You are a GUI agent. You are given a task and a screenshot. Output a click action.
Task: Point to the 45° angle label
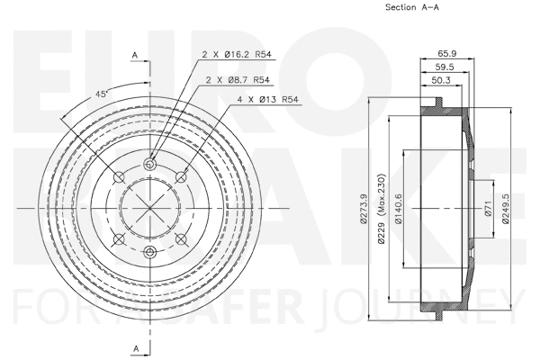point(101,94)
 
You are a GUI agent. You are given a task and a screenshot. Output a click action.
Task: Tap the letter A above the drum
point(134,56)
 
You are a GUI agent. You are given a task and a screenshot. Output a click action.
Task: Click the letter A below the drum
point(134,347)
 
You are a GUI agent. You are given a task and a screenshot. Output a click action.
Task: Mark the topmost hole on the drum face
point(150,163)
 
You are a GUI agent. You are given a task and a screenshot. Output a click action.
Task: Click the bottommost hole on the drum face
point(150,251)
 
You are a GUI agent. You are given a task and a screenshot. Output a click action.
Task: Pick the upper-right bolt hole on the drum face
point(181,176)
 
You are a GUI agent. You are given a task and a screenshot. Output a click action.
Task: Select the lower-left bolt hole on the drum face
point(120,238)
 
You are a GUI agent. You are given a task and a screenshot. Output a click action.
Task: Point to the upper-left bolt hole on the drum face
point(120,176)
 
